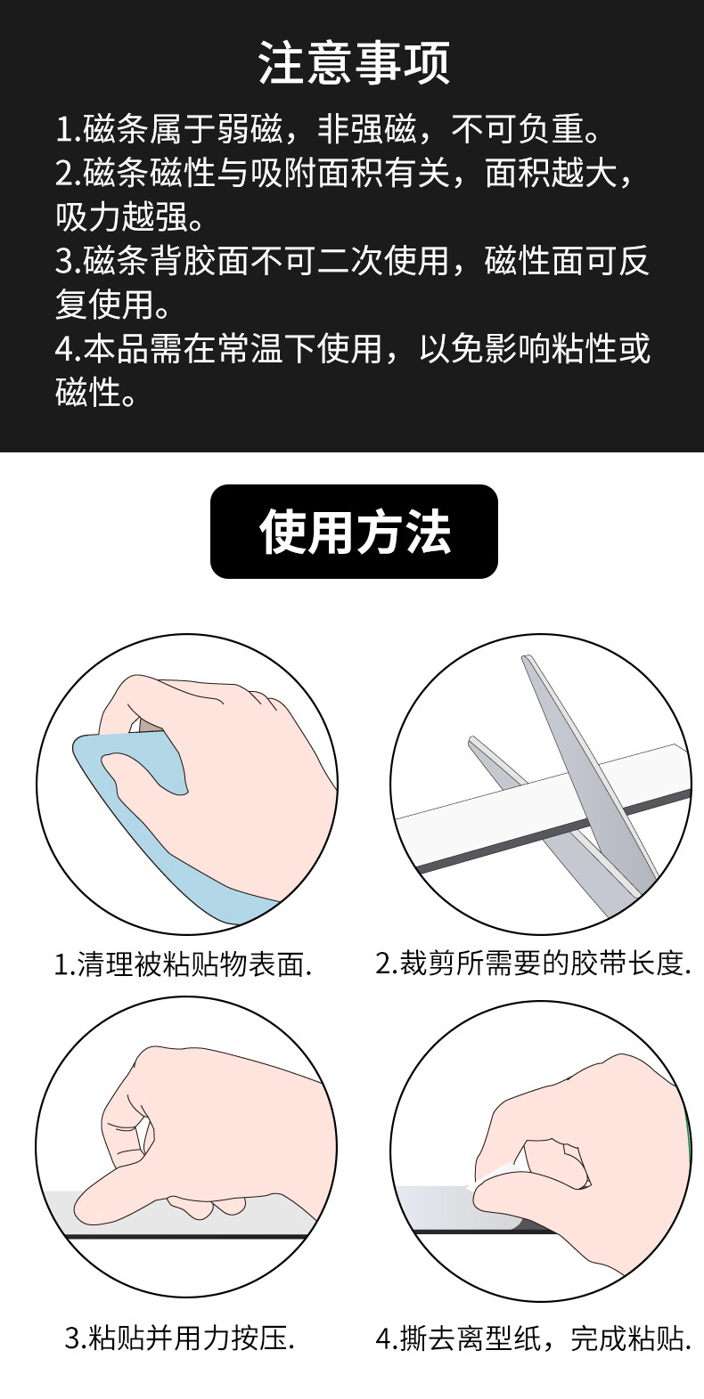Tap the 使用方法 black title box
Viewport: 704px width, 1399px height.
(x=354, y=533)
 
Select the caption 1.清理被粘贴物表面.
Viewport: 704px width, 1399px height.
(x=184, y=964)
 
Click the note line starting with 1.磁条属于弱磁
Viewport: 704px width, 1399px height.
(x=325, y=130)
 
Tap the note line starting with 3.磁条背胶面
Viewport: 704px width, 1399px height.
(x=352, y=261)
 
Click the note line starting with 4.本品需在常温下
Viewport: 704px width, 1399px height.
(x=352, y=348)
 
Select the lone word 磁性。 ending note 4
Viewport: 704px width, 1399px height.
(x=96, y=392)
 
